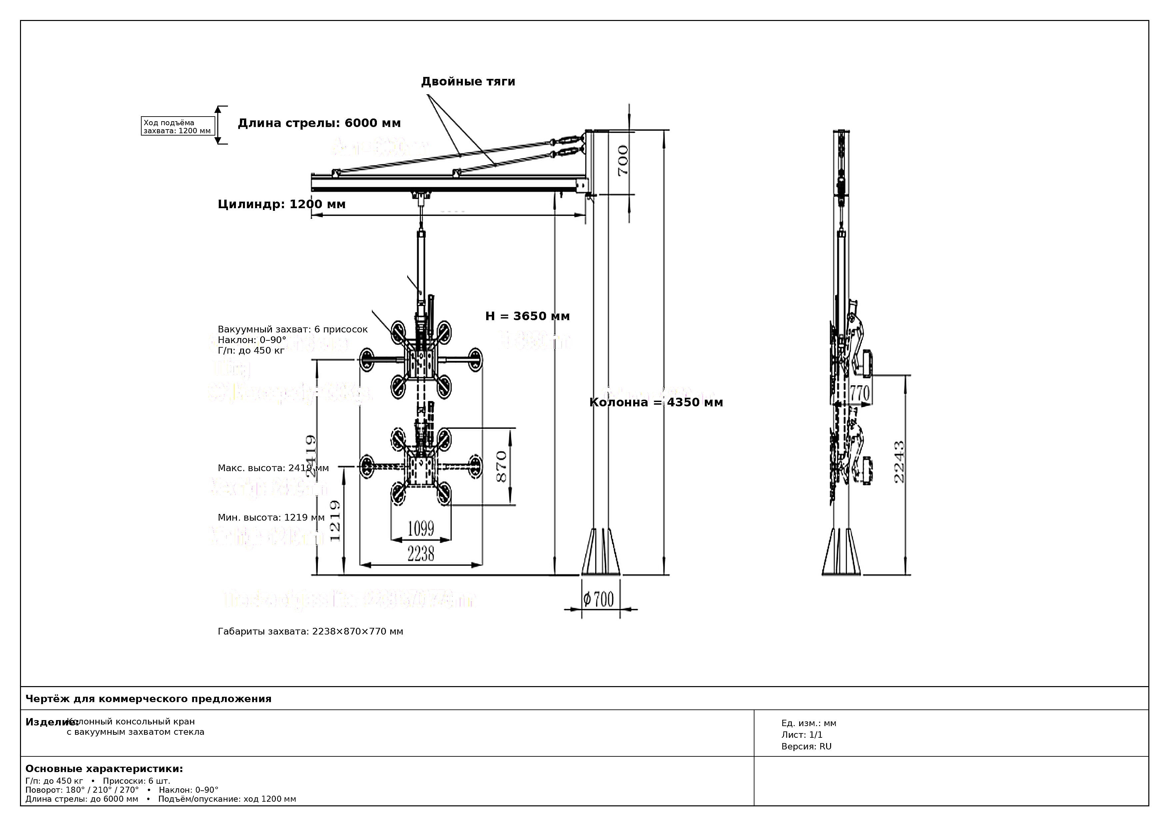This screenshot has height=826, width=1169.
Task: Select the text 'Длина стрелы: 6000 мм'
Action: tap(319, 123)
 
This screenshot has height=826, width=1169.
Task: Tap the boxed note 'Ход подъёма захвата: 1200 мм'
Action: tap(178, 126)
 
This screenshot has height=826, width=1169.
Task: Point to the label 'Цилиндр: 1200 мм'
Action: tap(282, 205)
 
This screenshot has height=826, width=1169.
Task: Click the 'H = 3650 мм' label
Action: tap(528, 316)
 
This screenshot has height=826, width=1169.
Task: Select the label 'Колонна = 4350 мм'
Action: tap(656, 403)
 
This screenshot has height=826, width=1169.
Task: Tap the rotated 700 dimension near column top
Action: tap(623, 161)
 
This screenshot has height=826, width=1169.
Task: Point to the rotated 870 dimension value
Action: tap(502, 467)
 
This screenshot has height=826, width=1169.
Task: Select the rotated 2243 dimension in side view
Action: tap(899, 462)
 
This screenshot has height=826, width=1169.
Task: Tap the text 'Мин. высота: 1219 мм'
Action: tap(271, 518)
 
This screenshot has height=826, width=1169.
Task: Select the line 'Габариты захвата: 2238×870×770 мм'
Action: tap(310, 631)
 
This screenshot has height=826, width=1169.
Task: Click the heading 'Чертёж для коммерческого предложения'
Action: tap(148, 699)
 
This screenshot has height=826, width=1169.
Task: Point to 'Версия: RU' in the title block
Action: tap(806, 747)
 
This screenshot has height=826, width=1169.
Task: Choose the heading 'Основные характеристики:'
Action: tap(104, 768)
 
